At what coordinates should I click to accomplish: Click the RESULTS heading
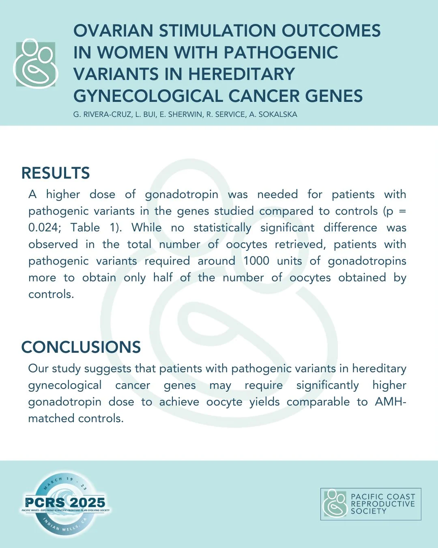point(56,173)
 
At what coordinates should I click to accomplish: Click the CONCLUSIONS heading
point(81,347)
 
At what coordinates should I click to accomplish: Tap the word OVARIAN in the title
point(113,30)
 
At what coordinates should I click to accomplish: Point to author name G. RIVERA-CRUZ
point(102,114)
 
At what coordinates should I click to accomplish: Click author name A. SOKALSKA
point(273,114)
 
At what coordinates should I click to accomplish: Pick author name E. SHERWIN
point(181,114)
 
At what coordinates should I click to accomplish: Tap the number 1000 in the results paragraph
point(256,261)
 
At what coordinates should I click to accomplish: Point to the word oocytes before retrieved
point(247,245)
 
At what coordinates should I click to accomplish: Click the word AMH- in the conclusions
point(391,402)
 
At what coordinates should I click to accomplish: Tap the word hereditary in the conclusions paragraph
point(379,369)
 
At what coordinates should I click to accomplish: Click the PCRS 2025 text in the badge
point(65,502)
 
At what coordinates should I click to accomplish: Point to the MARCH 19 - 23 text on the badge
point(65,482)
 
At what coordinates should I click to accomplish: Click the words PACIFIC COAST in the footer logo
point(383,496)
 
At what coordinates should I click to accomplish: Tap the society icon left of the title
point(36,64)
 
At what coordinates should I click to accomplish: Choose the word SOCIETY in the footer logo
point(369,511)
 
